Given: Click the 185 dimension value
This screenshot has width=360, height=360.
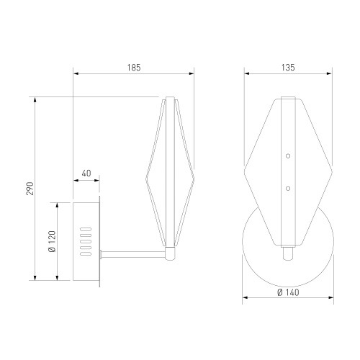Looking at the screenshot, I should (x=133, y=67).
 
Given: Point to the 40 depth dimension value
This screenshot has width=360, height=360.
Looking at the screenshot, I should (x=86, y=174).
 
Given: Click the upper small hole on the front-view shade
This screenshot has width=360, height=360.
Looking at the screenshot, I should (x=287, y=156).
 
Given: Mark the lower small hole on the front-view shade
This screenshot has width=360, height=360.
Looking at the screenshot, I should (x=287, y=188).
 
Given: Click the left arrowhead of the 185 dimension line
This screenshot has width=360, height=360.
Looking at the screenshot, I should (x=76, y=73).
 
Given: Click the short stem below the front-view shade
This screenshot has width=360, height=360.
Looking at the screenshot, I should (x=287, y=253).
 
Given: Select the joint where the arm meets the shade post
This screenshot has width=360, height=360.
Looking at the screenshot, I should (x=171, y=253).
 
